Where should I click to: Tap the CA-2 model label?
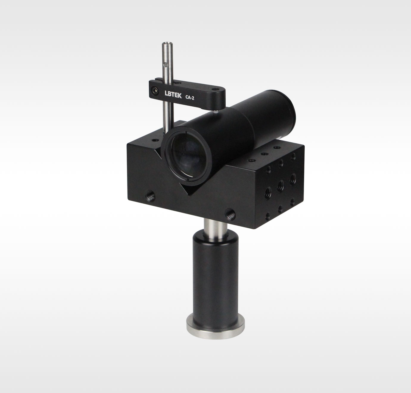coord(190,98)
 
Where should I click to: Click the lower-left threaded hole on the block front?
coord(150,196)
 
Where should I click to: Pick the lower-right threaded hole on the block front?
coord(231,214)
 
